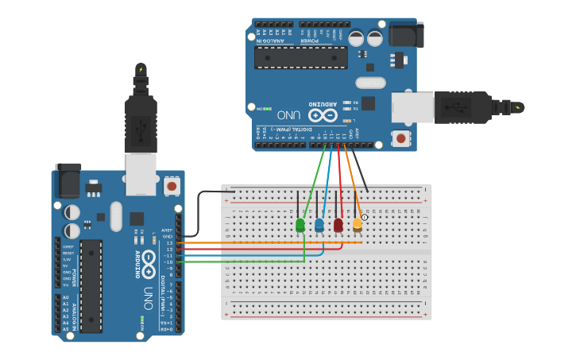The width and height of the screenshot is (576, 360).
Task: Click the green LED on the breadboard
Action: (300, 226)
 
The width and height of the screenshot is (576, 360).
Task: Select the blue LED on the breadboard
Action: (319, 225)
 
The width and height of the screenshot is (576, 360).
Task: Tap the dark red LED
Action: (338, 225)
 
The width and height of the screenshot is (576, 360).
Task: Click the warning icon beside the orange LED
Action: (365, 216)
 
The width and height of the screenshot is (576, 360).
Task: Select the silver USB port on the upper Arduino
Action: (412, 107)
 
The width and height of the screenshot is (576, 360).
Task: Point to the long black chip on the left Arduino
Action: (91, 285)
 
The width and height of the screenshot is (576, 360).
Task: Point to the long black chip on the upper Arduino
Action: (300, 57)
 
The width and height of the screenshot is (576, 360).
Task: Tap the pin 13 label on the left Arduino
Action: (168, 242)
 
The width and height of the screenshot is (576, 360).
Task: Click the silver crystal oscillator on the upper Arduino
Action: (370, 83)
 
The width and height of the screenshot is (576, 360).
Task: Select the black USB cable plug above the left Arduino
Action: (141, 118)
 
